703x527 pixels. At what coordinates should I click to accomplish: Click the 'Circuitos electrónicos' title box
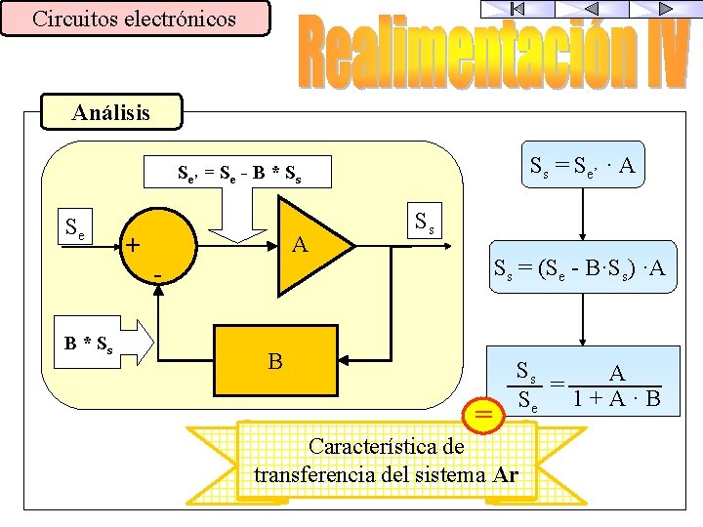click(135, 19)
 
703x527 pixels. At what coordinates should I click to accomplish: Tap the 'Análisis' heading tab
click(111, 112)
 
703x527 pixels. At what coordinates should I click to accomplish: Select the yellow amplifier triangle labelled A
click(309, 246)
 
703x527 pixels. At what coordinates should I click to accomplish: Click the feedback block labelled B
click(275, 361)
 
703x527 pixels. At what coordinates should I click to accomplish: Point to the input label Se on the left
click(73, 230)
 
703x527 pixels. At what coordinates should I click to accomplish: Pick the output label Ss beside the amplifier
click(426, 223)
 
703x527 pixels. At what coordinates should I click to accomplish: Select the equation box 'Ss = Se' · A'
click(582, 167)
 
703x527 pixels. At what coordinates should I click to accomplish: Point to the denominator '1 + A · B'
click(617, 398)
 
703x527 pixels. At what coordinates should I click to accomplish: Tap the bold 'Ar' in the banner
click(506, 475)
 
